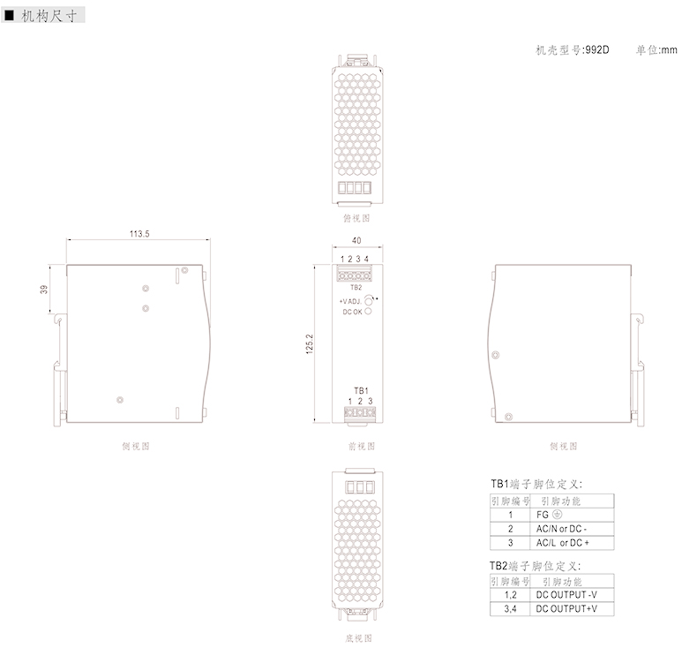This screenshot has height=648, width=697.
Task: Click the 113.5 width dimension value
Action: pyautogui.click(x=139, y=234)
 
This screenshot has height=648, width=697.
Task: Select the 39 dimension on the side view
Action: pyautogui.click(x=43, y=289)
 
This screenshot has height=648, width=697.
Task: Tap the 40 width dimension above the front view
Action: pyautogui.click(x=356, y=240)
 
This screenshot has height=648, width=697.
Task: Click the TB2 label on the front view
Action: pyautogui.click(x=356, y=287)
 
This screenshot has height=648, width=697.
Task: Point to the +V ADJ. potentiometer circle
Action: pyautogui.click(x=370, y=301)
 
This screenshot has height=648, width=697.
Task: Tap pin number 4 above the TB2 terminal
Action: pyautogui.click(x=367, y=259)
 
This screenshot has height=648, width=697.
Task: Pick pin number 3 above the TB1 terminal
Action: pyautogui.click(x=371, y=402)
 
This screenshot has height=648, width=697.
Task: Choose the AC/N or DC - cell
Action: pyautogui.click(x=561, y=528)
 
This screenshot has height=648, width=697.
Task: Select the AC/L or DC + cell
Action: pyautogui.click(x=562, y=542)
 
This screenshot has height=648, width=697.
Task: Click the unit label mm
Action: pyautogui.click(x=669, y=49)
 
